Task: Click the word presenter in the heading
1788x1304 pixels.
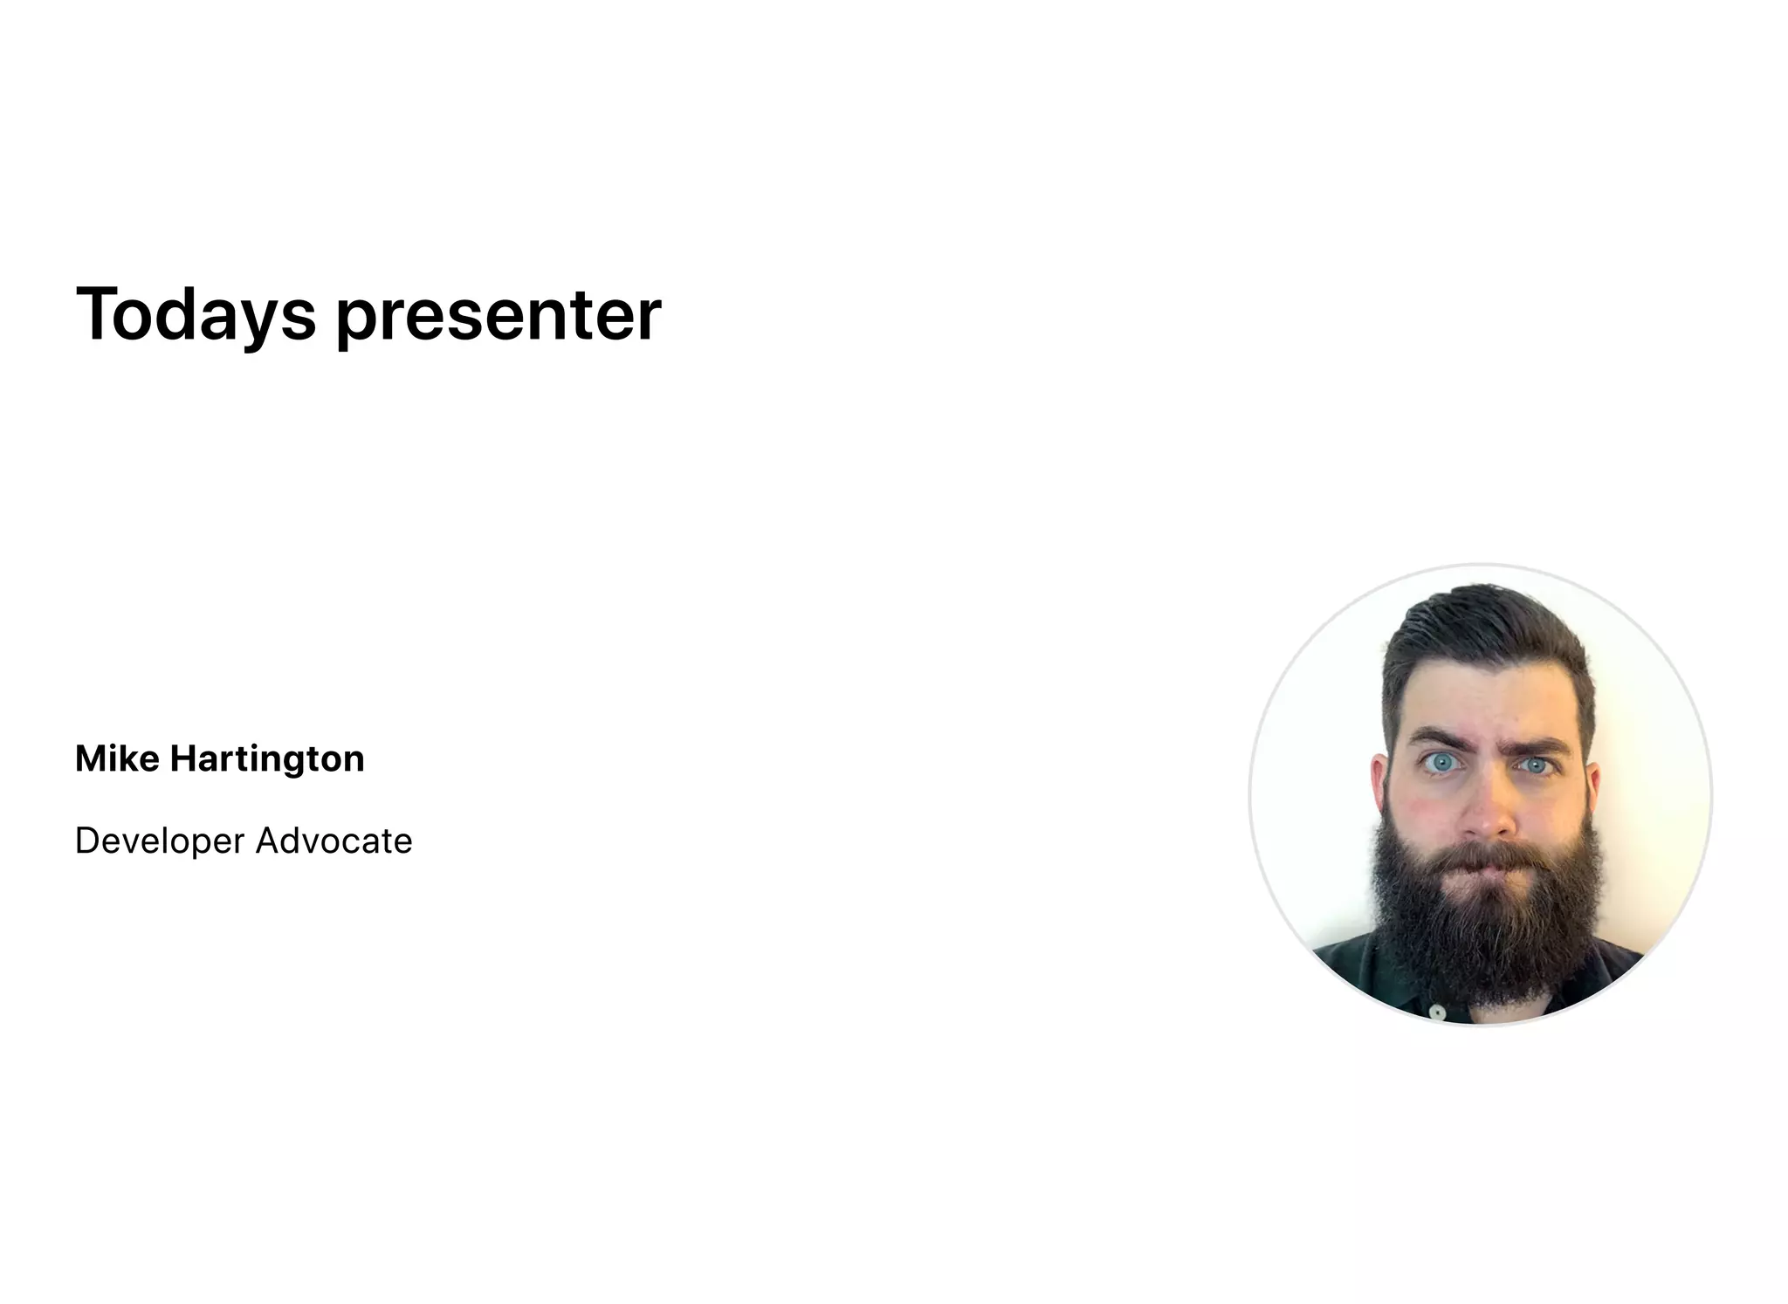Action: click(499, 316)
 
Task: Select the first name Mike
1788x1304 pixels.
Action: click(117, 758)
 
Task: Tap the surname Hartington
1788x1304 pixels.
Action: click(267, 758)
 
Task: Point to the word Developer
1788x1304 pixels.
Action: click(159, 841)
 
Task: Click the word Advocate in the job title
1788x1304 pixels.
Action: click(334, 841)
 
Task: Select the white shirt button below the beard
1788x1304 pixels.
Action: click(1437, 1012)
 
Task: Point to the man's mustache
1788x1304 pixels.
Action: click(1489, 855)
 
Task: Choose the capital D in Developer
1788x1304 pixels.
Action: click(86, 841)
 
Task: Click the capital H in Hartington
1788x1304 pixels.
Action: click(183, 758)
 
